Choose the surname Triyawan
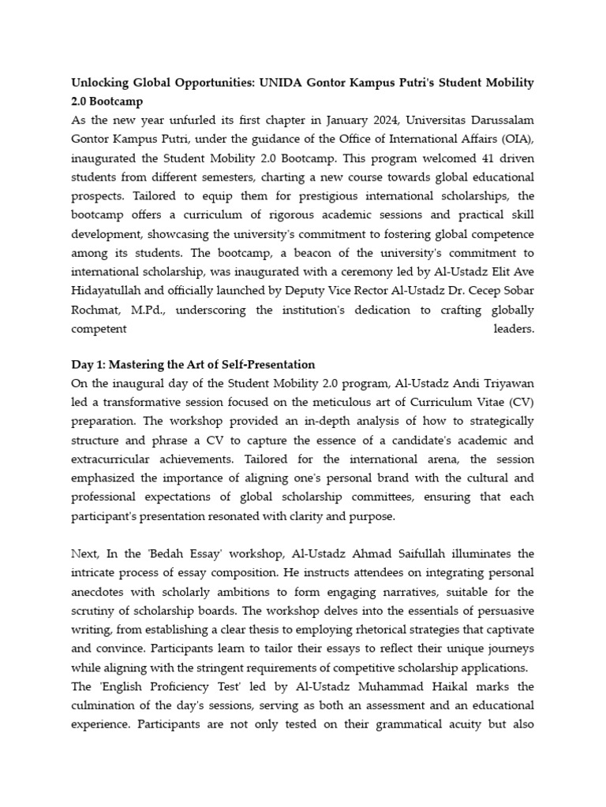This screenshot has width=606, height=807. tap(506, 383)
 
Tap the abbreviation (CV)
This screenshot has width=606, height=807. tap(518, 402)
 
